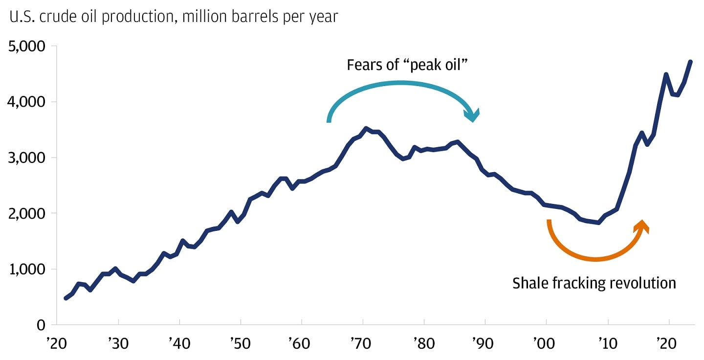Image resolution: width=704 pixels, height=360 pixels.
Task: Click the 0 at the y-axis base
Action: [x=41, y=325]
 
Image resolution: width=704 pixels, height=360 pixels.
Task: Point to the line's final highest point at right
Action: [x=690, y=62]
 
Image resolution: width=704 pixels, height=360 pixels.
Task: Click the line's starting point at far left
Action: [x=66, y=298]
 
